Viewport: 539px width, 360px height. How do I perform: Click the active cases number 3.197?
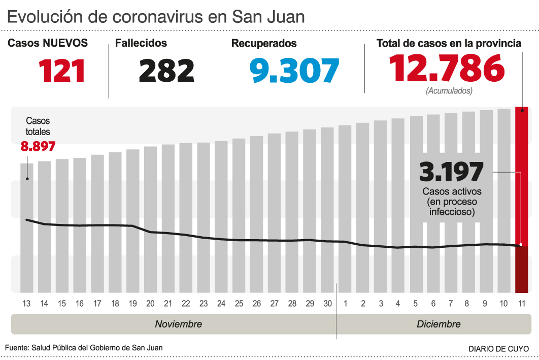point(451,172)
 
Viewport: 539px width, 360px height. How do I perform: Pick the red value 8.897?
point(38,147)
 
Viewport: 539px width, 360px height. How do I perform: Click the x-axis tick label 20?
point(150,304)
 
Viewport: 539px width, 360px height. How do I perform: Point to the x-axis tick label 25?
point(239,304)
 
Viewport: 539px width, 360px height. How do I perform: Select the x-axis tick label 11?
point(521,304)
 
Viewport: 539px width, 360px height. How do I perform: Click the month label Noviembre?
point(178,324)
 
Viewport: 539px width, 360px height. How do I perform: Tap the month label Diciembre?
point(439,324)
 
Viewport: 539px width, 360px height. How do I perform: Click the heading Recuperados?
point(264,44)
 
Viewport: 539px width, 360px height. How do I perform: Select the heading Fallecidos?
point(141,44)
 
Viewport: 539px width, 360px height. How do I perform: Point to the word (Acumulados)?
point(449,91)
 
